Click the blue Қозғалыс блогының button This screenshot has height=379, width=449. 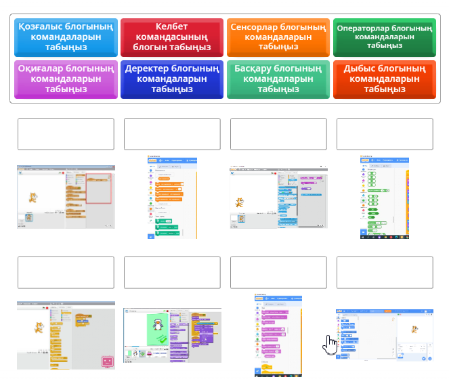pos(66,37)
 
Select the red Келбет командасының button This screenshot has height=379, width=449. pos(172,37)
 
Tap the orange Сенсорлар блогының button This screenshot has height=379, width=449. pos(278,37)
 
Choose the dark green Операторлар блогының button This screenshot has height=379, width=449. pos(384,37)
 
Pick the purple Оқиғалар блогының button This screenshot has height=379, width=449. pos(66,79)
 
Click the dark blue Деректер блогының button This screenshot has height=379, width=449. pos(172,79)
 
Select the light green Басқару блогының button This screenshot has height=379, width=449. pos(278,79)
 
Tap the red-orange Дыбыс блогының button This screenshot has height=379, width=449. pos(384,79)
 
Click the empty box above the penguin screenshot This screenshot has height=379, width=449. pos(172,272)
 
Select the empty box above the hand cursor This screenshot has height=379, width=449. pos(384,272)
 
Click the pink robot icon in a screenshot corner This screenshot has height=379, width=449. pos(106,362)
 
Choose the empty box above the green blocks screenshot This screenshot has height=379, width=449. pos(384,134)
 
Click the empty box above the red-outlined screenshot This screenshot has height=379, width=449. pos(66,134)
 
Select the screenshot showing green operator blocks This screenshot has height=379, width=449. pos(384,198)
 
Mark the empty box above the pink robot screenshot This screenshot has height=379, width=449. pos(66,272)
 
